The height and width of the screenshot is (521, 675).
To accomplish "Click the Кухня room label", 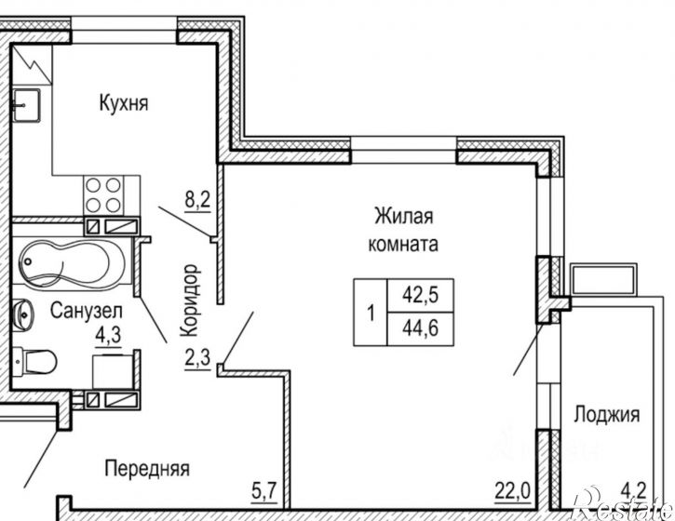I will coord(124,102).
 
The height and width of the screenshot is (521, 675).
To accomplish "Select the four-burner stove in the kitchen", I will coord(103,194).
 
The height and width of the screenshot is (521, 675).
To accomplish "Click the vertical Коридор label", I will coord(189,300).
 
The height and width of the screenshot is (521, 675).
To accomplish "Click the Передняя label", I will coord(147,468).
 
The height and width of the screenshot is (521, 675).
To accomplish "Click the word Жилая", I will coord(405,217).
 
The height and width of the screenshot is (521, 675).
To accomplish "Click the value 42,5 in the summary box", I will coord(419,296).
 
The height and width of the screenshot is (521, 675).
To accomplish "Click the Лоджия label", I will coord(606,415).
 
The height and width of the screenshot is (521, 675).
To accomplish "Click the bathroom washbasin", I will coord(20,314).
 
